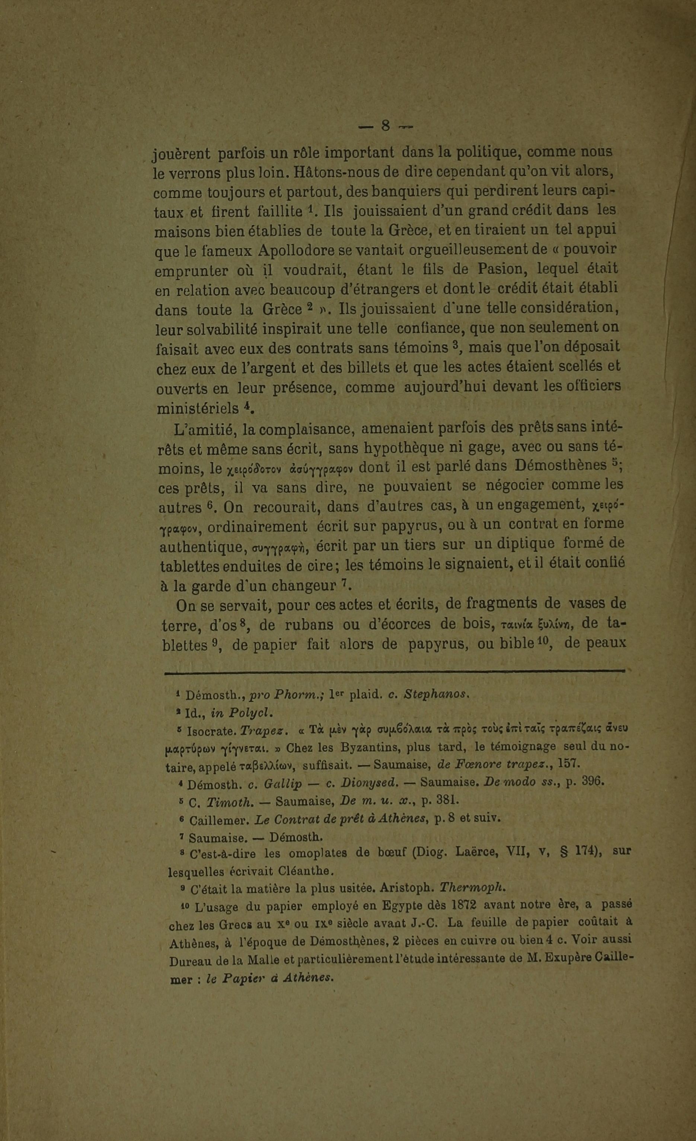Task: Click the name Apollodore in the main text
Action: point(296,250)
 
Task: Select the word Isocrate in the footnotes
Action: point(211,732)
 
